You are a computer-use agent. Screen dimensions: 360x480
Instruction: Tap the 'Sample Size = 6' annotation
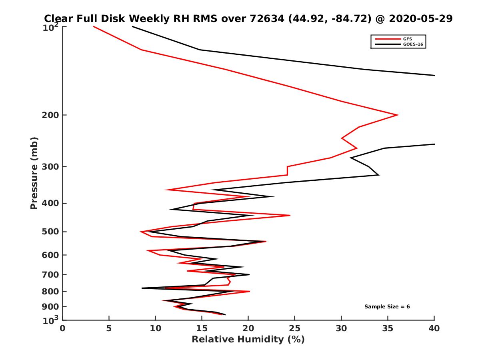coord(387,307)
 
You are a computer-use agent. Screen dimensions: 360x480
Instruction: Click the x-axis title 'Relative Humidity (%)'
coord(248,340)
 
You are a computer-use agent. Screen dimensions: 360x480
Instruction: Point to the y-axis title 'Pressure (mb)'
coord(34,173)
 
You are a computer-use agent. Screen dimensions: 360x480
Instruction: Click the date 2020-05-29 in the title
coord(421,18)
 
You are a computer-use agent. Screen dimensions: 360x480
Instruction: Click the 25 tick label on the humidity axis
coord(294,328)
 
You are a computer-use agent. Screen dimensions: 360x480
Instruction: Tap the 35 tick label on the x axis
coord(388,328)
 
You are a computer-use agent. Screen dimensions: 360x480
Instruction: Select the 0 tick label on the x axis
coord(63,328)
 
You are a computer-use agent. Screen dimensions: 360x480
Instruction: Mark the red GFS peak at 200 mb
coord(398,115)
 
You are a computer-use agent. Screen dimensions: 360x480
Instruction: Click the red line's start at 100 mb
coord(94,27)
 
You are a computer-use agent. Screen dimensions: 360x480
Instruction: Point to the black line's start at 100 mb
coord(132,27)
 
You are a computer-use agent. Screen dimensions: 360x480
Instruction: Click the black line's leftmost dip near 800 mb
coord(142,288)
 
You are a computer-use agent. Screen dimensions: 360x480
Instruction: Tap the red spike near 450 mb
coord(290,216)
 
